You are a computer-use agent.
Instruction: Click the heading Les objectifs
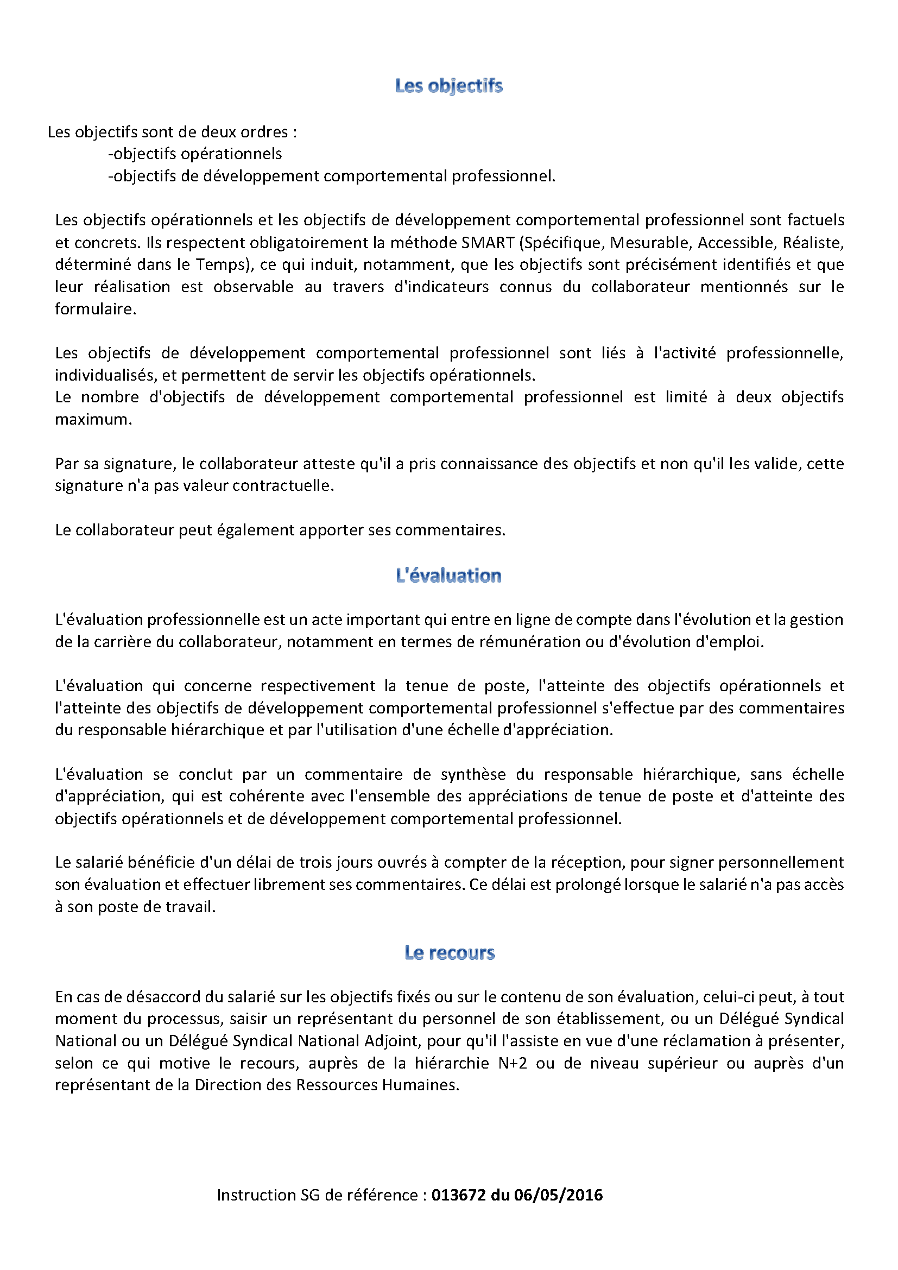(x=448, y=86)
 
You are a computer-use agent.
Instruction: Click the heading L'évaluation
(x=448, y=576)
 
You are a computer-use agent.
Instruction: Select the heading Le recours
(x=449, y=952)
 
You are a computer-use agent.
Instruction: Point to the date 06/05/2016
(x=558, y=1195)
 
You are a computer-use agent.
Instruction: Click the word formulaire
(x=94, y=309)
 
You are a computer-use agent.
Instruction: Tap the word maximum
(x=93, y=419)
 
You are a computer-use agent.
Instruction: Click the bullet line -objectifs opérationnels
(x=195, y=154)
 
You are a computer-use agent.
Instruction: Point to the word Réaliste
(x=813, y=243)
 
